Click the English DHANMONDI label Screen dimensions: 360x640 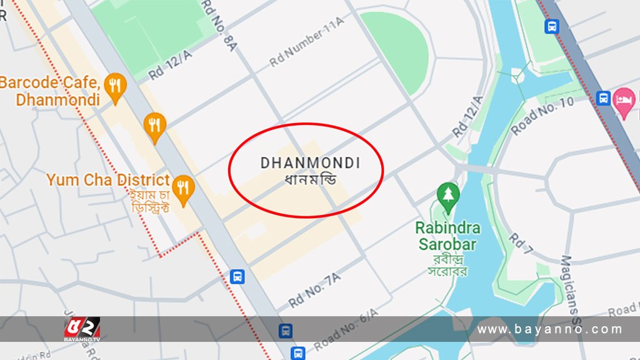[310, 163]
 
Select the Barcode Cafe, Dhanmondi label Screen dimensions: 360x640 [50, 91]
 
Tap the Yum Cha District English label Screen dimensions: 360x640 [107, 180]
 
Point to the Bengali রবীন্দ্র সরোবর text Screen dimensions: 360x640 [447, 264]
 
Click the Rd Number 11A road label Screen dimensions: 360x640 [307, 42]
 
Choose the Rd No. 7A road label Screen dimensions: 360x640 [314, 290]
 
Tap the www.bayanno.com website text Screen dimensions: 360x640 [550, 329]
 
